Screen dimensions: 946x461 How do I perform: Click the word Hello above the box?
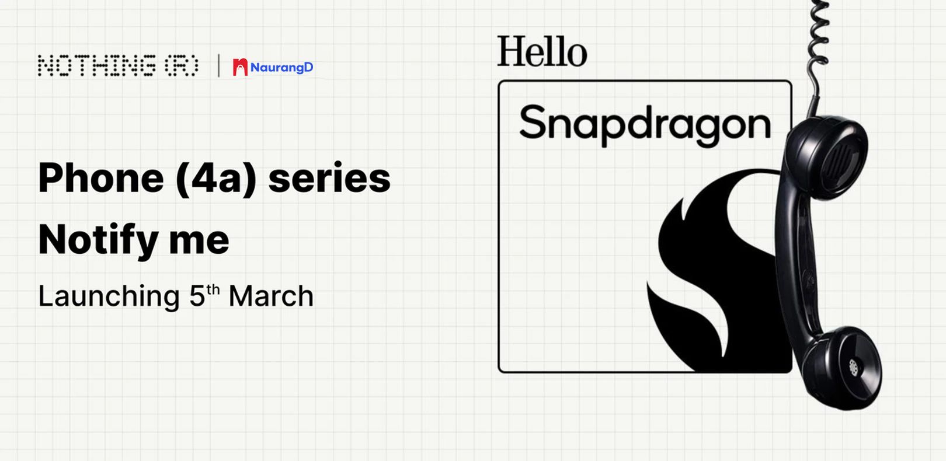pos(542,51)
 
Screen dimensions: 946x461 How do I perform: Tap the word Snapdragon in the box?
pos(645,124)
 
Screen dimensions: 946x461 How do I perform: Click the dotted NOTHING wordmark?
pos(96,65)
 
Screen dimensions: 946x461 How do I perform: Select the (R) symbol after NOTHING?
pos(182,65)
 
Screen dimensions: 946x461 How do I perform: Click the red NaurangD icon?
pos(241,67)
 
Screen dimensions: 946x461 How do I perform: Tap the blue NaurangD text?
pos(281,68)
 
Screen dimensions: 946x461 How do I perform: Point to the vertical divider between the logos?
pos(218,65)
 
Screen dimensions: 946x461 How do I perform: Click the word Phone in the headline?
pos(101,178)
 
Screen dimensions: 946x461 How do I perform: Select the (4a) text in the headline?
pos(216,179)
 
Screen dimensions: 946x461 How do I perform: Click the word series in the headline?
pos(329,179)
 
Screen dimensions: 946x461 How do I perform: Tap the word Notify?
pos(99,240)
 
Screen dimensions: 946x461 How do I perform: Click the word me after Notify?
pos(199,242)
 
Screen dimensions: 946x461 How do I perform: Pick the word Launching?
pos(109,297)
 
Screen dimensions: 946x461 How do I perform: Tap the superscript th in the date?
pos(213,291)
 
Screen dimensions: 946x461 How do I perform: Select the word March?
pos(271,296)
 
